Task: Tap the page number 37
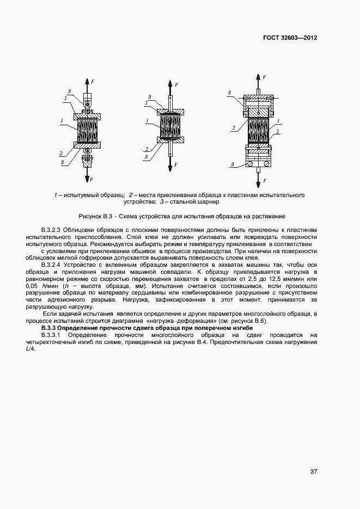pyautogui.click(x=314, y=471)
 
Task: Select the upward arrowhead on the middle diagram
pyautogui.click(x=170, y=84)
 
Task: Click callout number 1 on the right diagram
pyautogui.click(x=278, y=120)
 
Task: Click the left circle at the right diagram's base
pyautogui.click(x=249, y=163)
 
